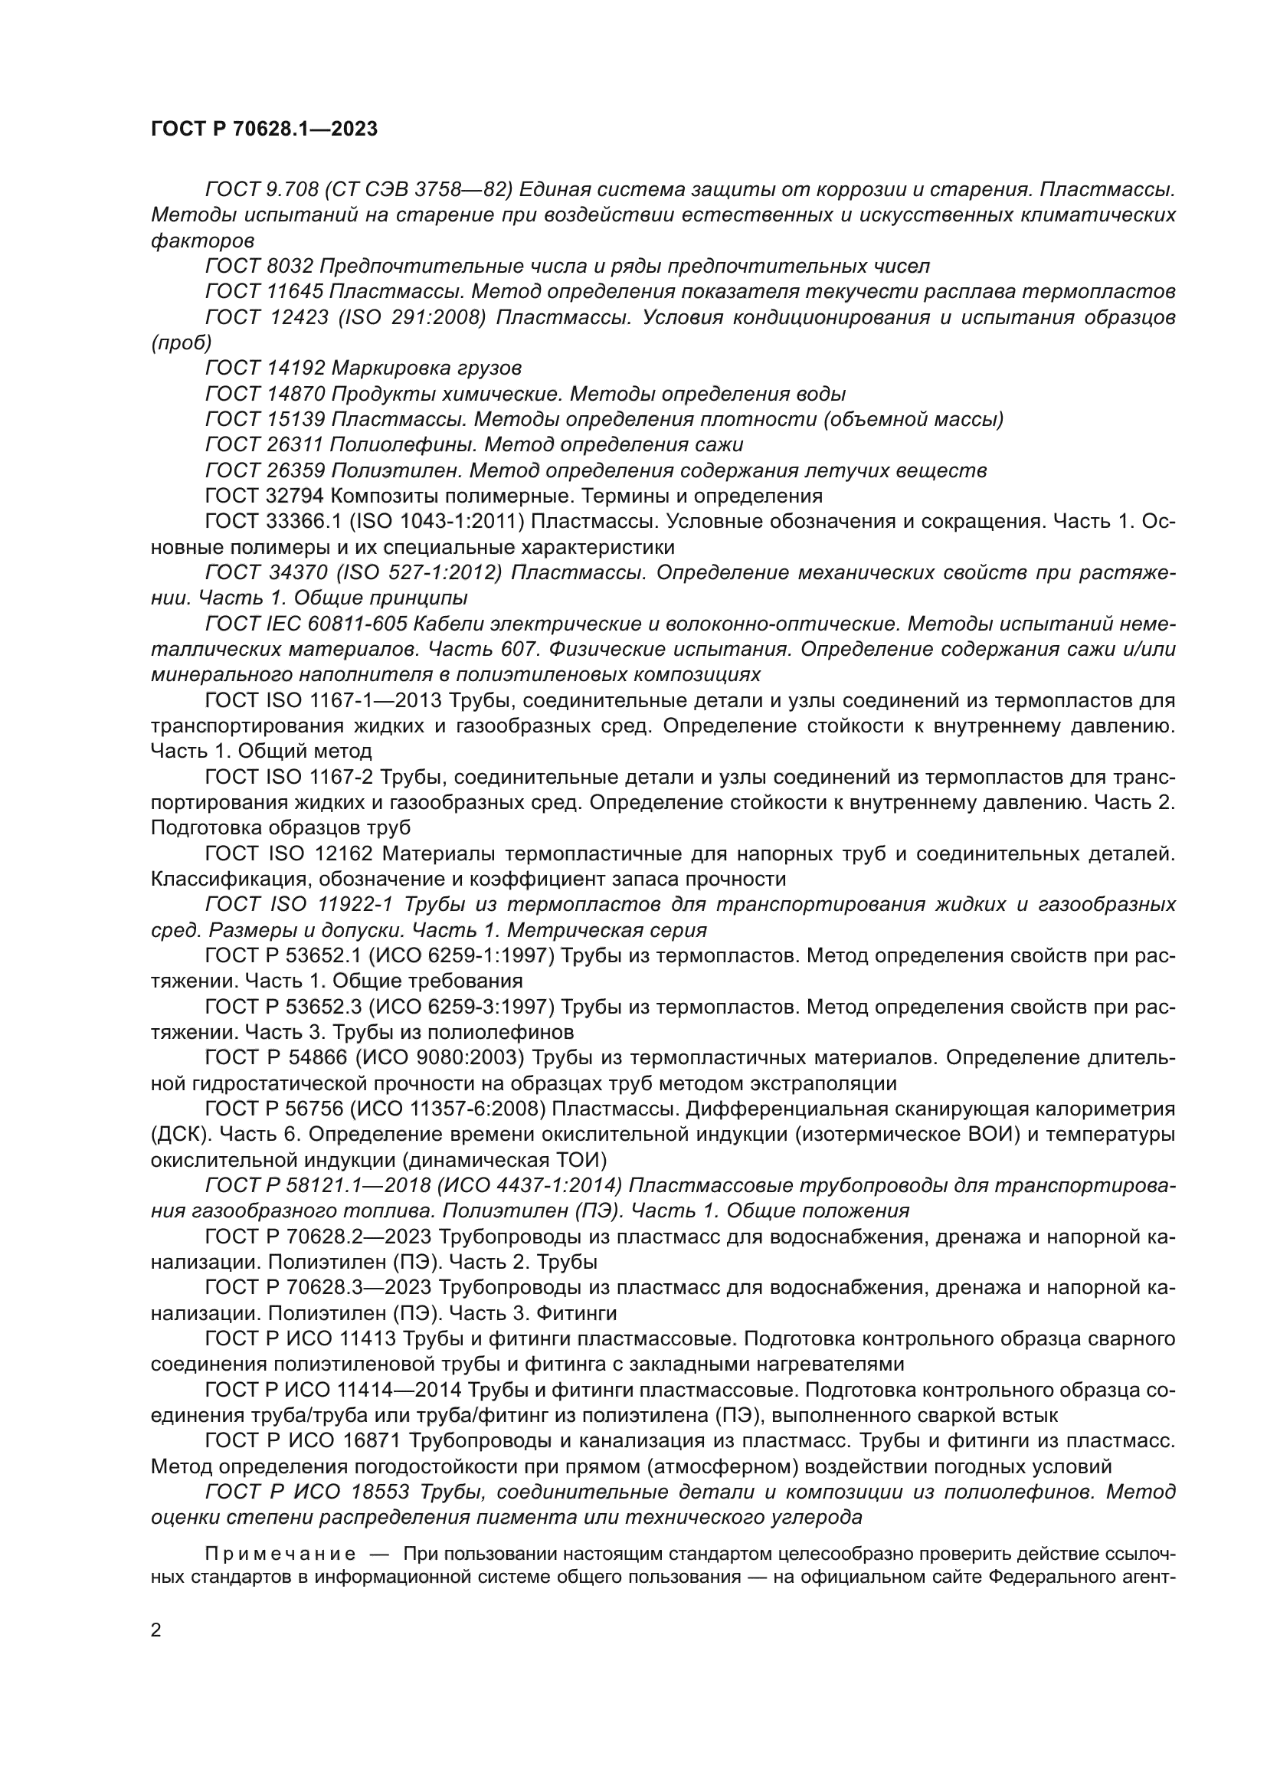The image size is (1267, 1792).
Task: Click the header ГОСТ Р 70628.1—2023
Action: pos(264,129)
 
